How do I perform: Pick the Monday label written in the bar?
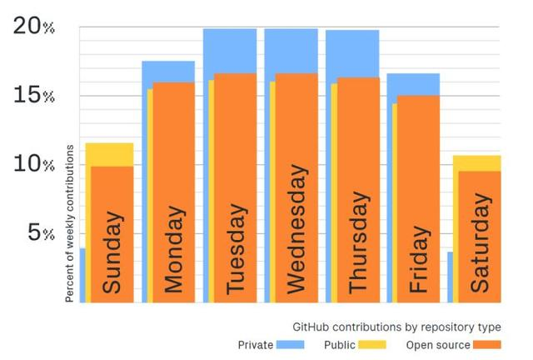coord(173,247)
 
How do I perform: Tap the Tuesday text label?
coord(236,248)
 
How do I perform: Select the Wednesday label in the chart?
coord(296,236)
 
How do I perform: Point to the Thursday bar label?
coord(357,242)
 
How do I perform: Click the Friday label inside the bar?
coord(418,259)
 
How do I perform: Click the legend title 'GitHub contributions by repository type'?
coord(396,325)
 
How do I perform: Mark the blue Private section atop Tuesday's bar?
coord(230,50)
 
